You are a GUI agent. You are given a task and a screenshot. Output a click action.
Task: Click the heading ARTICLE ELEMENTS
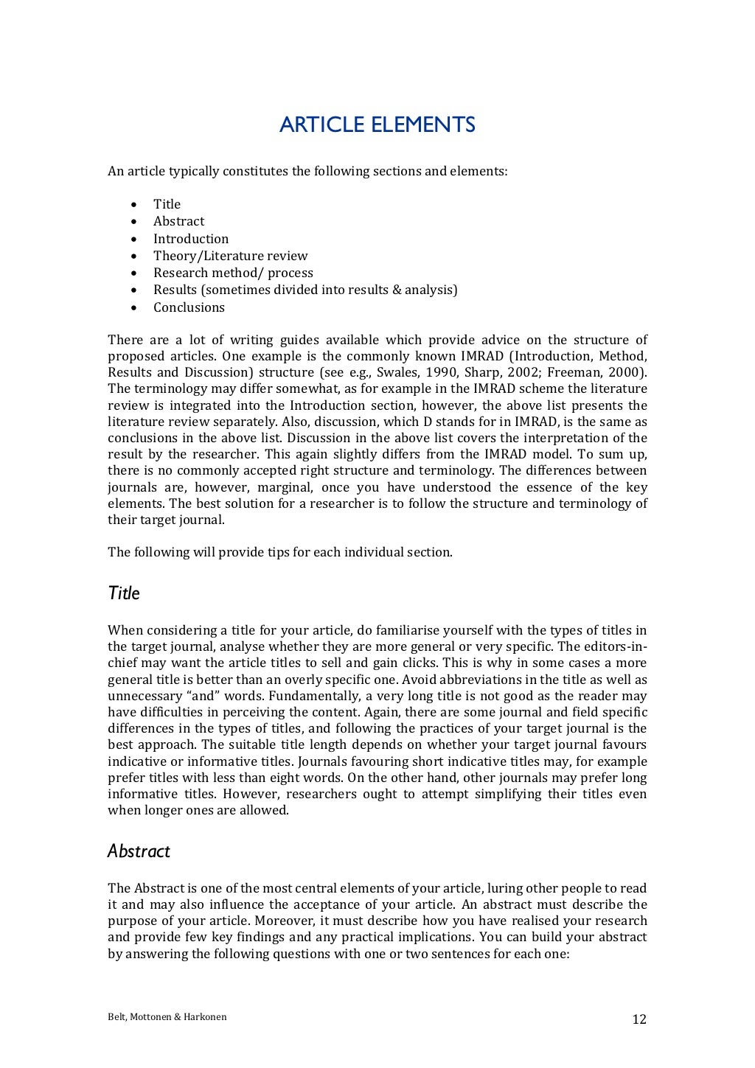pyautogui.click(x=377, y=125)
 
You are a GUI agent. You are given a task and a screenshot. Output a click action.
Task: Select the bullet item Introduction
pyautogui.click(x=191, y=239)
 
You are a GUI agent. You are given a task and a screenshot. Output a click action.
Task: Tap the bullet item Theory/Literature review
pyautogui.click(x=230, y=256)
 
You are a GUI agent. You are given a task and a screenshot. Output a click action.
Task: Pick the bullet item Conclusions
pyautogui.click(x=189, y=307)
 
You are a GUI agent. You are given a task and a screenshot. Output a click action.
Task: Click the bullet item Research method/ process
pyautogui.click(x=233, y=273)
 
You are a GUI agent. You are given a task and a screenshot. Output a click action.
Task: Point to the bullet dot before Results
pyautogui.click(x=133, y=290)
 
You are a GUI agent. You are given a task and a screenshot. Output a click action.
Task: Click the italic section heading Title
pyautogui.click(x=123, y=593)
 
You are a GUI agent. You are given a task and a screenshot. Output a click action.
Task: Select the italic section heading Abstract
pyautogui.click(x=139, y=851)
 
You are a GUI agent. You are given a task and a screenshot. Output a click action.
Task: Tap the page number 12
pyautogui.click(x=639, y=1019)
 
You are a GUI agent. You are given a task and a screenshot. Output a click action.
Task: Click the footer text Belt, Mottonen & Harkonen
pyautogui.click(x=167, y=1017)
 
